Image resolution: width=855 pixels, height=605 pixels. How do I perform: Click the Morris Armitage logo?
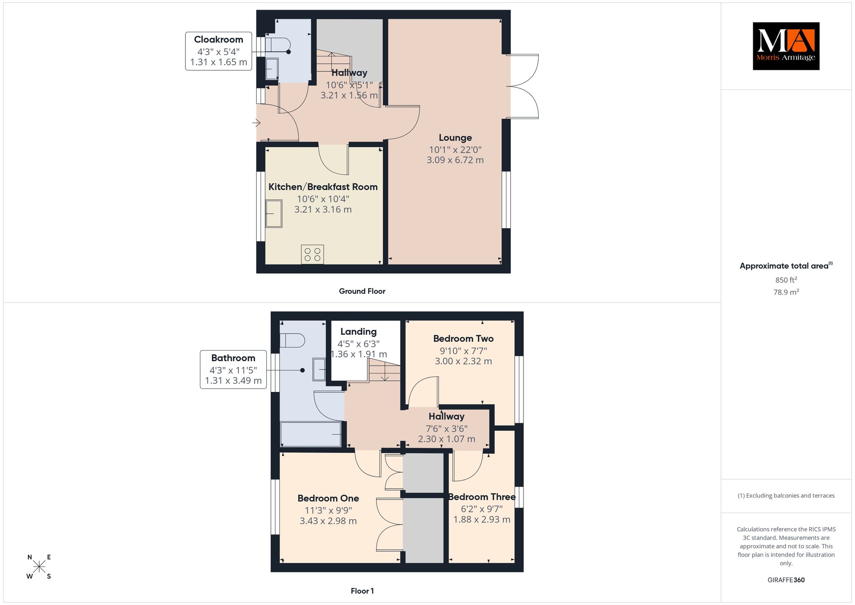point(786,46)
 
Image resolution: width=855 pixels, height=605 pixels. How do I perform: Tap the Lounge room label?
point(455,137)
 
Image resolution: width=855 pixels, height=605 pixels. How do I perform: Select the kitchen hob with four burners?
point(312,254)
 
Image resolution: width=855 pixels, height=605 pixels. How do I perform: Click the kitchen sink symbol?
point(274,214)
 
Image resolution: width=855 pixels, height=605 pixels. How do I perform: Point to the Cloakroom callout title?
point(218,39)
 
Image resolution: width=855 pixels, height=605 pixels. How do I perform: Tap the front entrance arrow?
point(256,123)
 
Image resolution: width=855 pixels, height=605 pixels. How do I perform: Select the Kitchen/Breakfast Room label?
point(323,187)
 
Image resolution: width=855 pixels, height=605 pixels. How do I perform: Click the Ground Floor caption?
point(362,291)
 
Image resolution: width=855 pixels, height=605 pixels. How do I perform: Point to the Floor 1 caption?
point(362,591)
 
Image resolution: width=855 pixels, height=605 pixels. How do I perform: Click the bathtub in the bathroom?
point(311,434)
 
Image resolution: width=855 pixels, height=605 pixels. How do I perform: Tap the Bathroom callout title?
point(233,358)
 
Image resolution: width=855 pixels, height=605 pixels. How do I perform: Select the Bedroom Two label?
point(463,338)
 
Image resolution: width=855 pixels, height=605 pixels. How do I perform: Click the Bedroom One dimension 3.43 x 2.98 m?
point(328,521)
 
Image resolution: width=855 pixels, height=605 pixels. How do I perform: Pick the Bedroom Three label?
point(482,497)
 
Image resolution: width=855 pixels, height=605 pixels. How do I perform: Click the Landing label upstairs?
point(358,332)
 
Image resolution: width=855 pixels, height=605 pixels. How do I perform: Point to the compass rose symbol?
point(39,567)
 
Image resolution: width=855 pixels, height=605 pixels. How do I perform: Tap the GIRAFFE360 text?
point(786,580)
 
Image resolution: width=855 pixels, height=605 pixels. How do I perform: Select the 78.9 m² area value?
point(786,292)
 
